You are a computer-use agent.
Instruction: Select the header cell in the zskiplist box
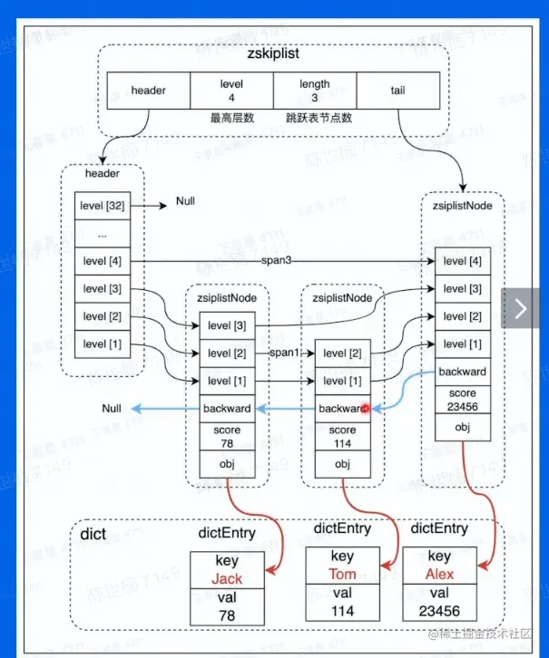click(x=149, y=91)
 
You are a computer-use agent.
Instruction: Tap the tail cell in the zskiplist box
click(x=397, y=91)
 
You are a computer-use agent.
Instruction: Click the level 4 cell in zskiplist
click(x=232, y=91)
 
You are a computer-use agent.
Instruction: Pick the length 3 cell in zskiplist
click(x=315, y=91)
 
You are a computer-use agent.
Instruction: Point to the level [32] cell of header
click(x=103, y=206)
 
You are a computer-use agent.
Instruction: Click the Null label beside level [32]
click(x=185, y=201)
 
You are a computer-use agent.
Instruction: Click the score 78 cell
click(x=227, y=436)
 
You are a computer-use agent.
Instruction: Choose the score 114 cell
click(x=342, y=436)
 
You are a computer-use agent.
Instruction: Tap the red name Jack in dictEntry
click(x=227, y=577)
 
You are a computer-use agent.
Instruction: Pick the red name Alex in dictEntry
click(x=438, y=573)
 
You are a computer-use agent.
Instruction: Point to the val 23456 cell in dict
click(x=438, y=604)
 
